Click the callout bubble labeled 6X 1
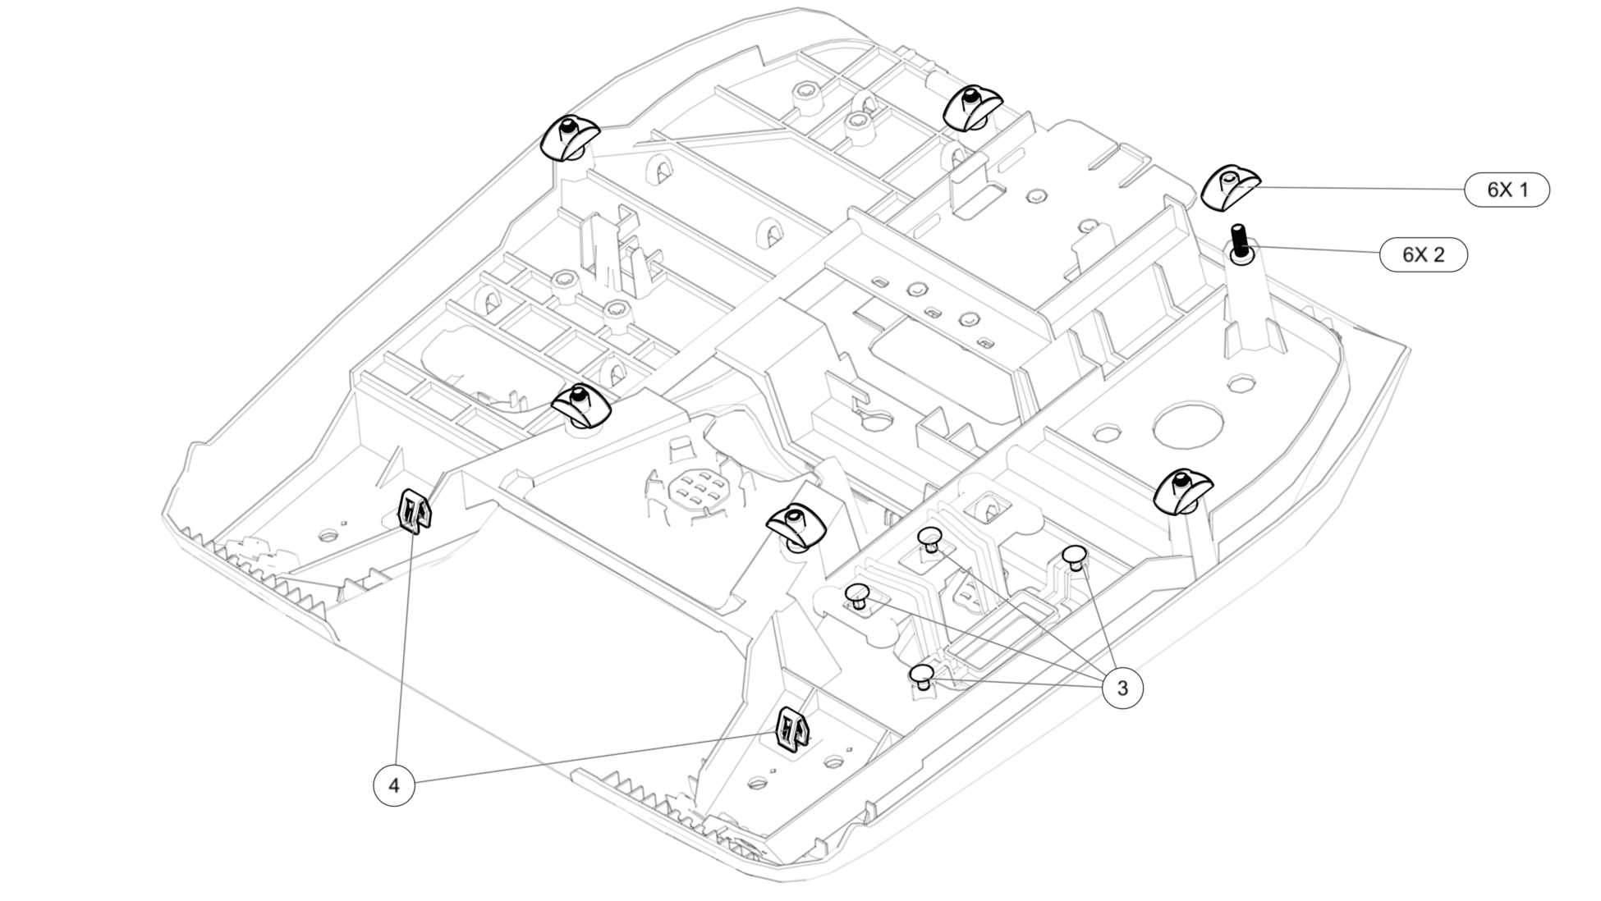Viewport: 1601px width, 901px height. tap(1507, 190)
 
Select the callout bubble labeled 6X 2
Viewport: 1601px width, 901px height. tap(1423, 254)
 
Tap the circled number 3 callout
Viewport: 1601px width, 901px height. tap(1122, 688)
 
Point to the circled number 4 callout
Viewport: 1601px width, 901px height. tap(394, 785)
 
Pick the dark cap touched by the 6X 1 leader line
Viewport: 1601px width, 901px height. tap(1230, 186)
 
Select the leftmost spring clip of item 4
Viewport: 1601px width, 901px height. tap(415, 510)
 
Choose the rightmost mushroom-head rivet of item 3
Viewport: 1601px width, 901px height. tap(1076, 557)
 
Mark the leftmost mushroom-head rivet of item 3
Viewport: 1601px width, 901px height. tap(857, 596)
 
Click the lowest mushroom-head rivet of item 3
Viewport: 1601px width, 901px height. tap(923, 677)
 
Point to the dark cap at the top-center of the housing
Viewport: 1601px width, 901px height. tap(972, 107)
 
